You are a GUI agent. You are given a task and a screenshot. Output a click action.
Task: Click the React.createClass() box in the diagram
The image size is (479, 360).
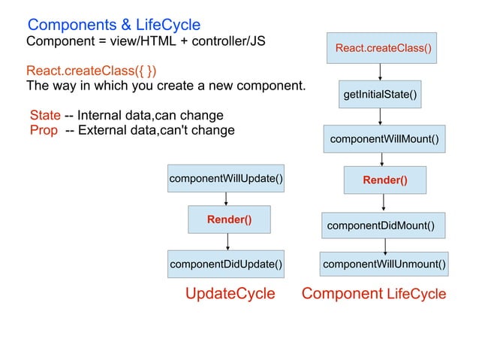pos(383,49)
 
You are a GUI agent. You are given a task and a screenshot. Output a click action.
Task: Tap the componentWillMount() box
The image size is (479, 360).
pos(383,139)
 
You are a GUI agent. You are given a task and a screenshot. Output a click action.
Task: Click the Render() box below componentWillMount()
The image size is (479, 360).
pos(384,180)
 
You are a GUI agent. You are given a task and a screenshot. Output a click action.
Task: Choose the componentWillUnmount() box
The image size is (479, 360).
pos(384,264)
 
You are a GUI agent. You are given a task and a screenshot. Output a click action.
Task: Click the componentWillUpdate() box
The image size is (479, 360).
pos(226,178)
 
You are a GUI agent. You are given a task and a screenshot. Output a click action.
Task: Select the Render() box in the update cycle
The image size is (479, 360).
pos(229,219)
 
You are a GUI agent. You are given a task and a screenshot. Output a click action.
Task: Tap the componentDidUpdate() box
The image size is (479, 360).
pos(226,264)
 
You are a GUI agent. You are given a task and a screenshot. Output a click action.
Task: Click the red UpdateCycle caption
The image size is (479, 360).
pos(230,294)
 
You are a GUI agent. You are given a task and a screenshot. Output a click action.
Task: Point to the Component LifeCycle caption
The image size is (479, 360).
pos(373,294)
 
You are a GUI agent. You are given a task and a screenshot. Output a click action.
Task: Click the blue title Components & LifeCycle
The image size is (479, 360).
pos(114,25)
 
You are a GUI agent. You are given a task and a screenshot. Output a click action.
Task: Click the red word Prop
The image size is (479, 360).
pos(44,131)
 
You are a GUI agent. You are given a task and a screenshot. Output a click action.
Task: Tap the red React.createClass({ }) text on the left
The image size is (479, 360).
pos(92,71)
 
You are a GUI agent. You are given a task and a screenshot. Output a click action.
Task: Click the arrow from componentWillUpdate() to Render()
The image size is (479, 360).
pos(226,198)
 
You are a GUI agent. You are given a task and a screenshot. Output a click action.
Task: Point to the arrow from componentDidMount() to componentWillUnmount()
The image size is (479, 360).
pos(385,244)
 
